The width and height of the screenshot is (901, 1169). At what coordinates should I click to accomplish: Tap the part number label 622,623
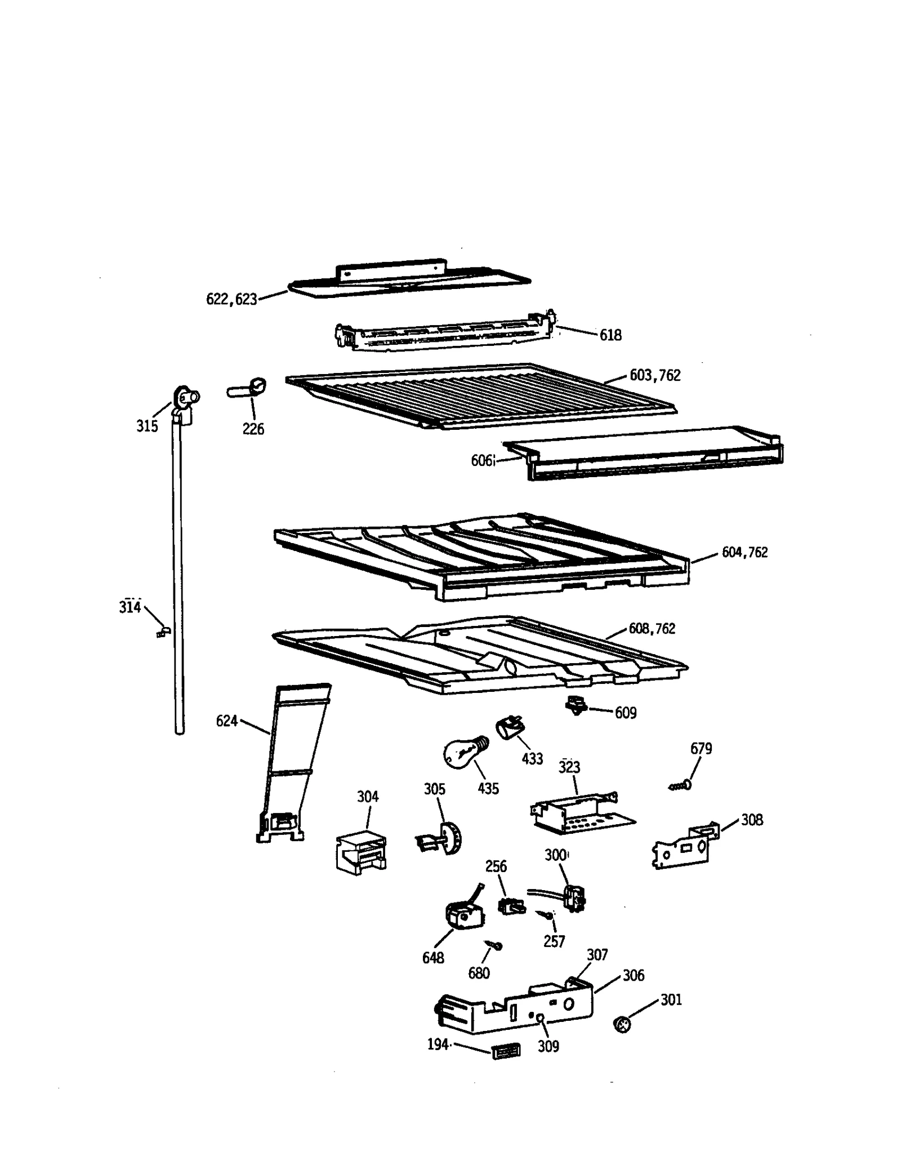click(231, 299)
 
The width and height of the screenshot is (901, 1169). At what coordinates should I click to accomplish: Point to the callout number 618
click(610, 335)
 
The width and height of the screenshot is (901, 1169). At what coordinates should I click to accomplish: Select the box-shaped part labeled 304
click(361, 852)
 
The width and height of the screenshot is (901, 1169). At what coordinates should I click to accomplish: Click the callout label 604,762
click(744, 552)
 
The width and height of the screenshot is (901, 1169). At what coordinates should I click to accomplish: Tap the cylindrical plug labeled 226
click(247, 388)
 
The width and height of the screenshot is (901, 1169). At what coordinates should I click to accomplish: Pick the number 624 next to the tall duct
click(227, 721)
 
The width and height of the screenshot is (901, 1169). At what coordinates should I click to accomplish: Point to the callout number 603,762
click(655, 375)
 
